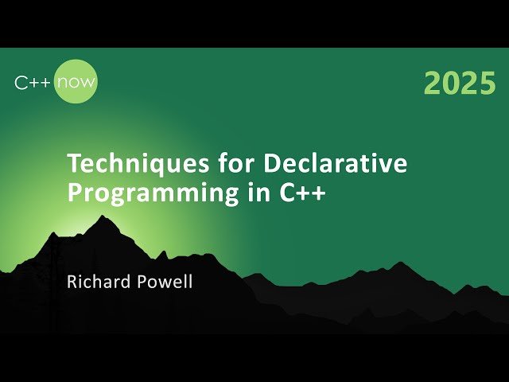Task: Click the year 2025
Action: (x=460, y=83)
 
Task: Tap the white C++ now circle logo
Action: (x=76, y=81)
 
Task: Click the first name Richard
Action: (x=95, y=282)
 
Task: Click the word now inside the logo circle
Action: (x=76, y=82)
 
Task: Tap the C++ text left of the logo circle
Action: (x=33, y=82)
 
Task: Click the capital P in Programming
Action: (x=74, y=193)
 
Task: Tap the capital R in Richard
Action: (x=72, y=282)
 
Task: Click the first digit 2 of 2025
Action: (x=432, y=83)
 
